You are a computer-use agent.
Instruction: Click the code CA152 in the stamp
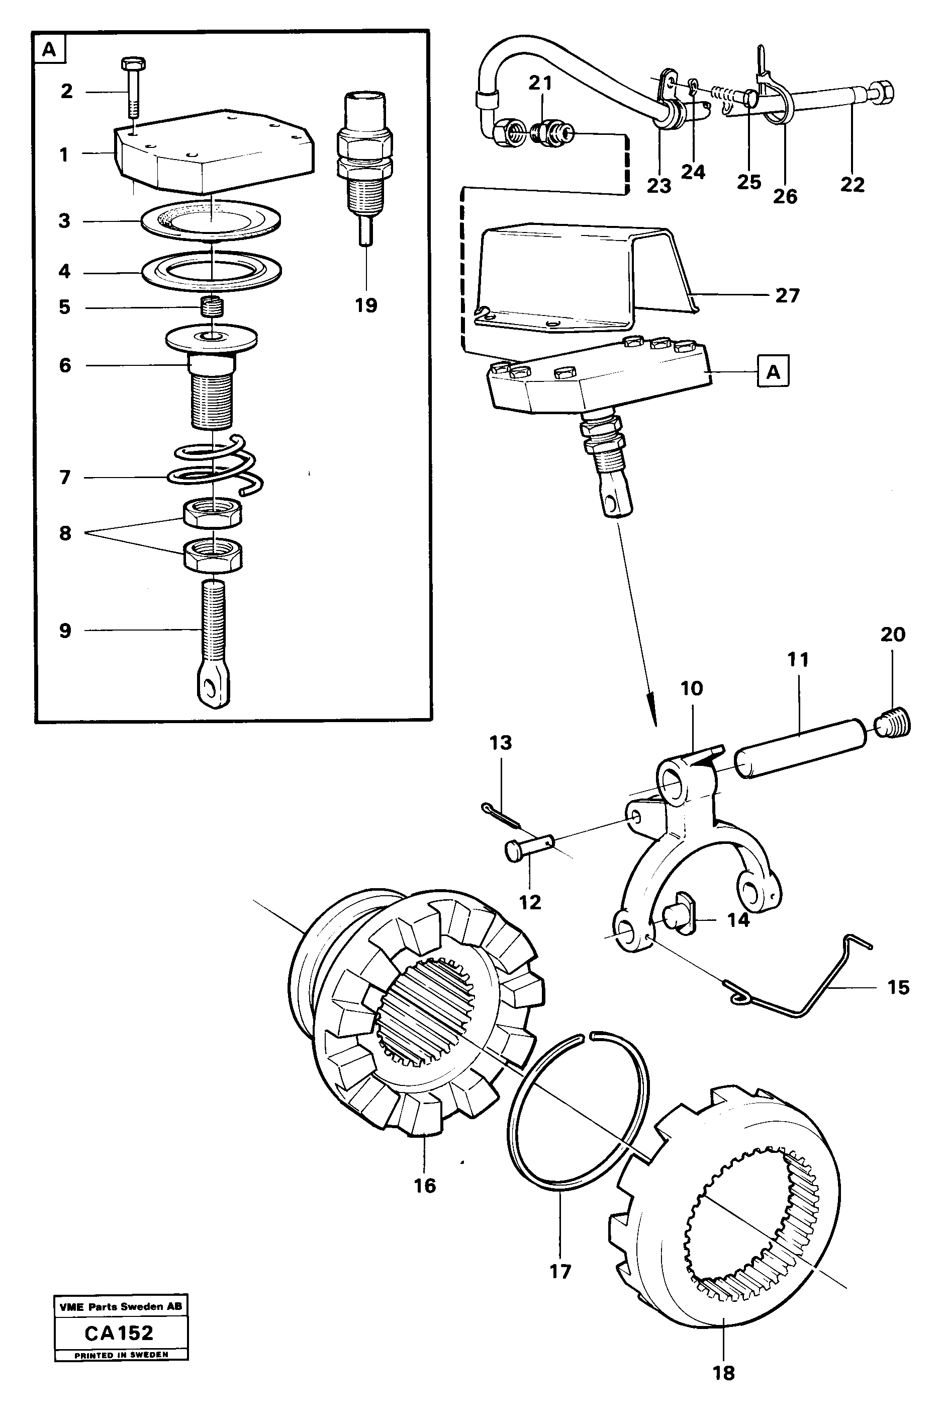[x=119, y=1333]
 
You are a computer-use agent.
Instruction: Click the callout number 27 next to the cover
[x=787, y=295]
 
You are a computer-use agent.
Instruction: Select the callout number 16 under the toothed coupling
[x=425, y=1186]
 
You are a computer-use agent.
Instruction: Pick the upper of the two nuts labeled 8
[x=212, y=513]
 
